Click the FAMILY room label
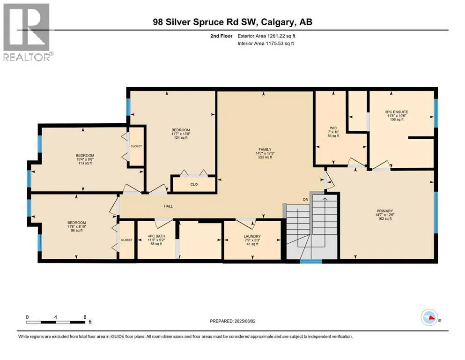(265, 150)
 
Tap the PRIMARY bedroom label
(384, 211)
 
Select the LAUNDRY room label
(252, 237)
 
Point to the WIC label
(333, 128)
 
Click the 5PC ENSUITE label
(397, 112)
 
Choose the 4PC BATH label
(156, 236)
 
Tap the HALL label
(169, 206)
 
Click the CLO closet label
(194, 184)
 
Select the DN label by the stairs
(306, 199)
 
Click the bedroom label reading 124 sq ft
(181, 134)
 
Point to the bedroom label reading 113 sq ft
(85, 159)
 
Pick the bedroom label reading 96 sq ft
(76, 226)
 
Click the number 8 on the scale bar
(85, 317)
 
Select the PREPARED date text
(232, 321)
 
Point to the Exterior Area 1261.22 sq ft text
(266, 36)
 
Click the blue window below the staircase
(311, 262)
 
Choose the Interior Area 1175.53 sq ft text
(266, 43)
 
